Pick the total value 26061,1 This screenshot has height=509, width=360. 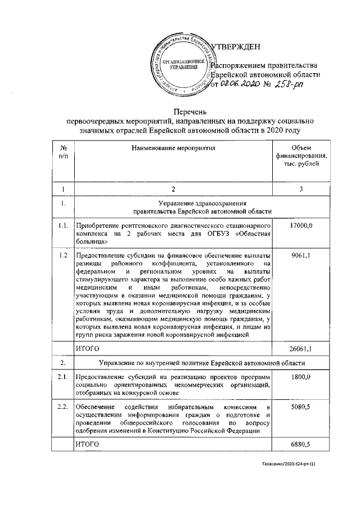[300, 349]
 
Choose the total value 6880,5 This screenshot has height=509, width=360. [301, 444]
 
